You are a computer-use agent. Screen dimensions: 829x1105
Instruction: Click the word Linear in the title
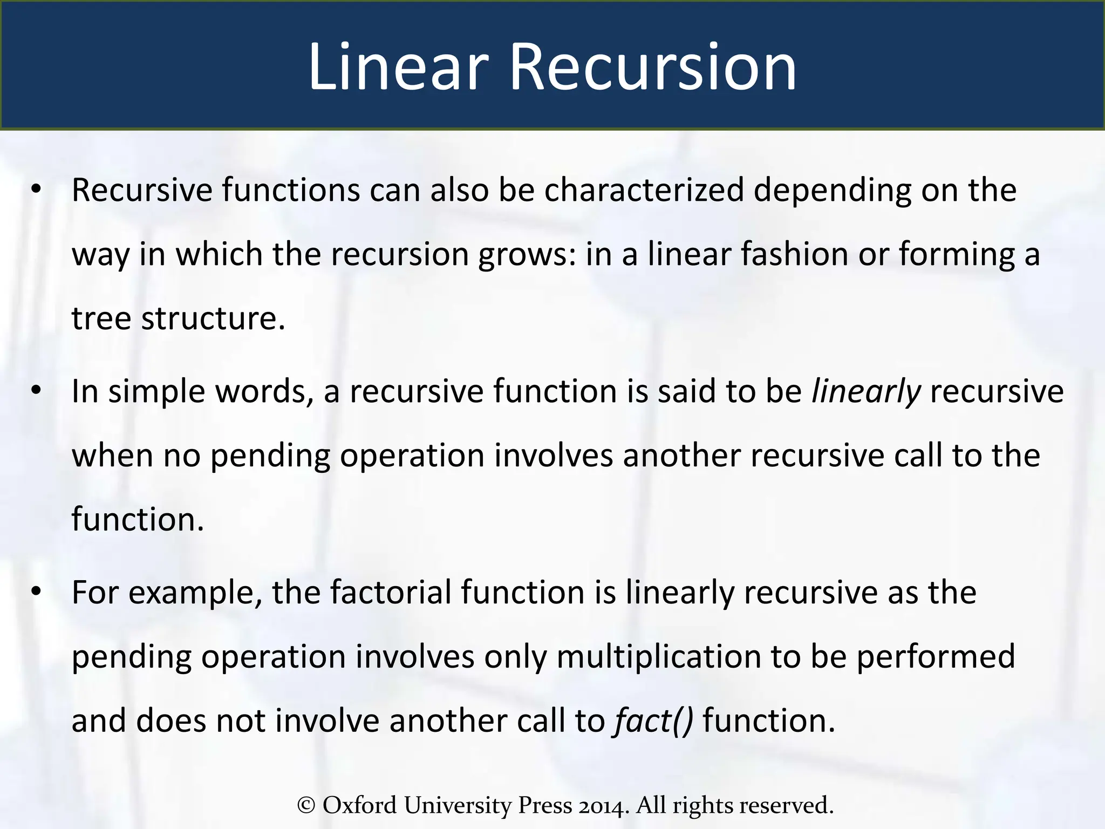[398, 67]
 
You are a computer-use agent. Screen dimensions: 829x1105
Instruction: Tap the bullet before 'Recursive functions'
[36, 189]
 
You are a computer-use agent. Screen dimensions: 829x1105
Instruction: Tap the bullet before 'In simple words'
[36, 391]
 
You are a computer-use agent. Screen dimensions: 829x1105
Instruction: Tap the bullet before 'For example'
[36, 592]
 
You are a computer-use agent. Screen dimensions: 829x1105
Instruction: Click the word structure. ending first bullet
[213, 318]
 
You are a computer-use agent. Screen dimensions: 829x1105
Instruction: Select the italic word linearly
[865, 392]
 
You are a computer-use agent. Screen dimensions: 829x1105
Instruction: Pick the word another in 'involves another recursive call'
[681, 456]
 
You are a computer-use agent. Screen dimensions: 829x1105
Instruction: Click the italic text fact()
[653, 721]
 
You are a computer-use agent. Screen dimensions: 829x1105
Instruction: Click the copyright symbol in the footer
[306, 805]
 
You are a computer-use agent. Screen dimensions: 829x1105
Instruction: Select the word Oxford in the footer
[359, 805]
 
